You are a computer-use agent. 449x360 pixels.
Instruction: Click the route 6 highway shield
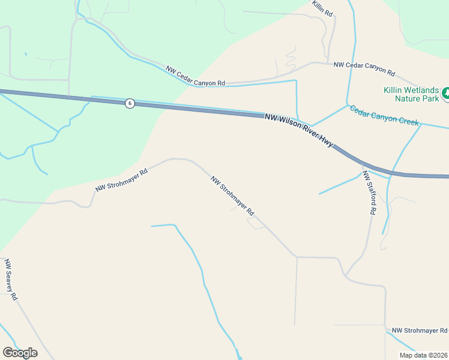coord(130,103)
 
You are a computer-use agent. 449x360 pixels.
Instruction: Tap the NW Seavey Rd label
coord(11,280)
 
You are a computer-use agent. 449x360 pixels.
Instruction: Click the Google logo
coord(20,353)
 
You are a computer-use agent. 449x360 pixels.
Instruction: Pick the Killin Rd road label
coord(322,7)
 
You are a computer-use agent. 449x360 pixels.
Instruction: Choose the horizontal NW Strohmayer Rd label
coord(420,331)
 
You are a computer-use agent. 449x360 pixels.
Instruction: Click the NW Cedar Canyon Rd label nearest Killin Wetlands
coord(364,68)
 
